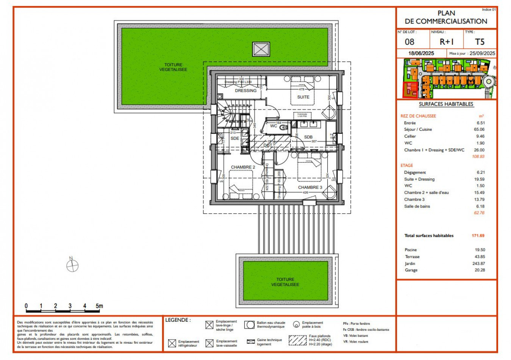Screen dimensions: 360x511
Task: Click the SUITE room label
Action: coord(303,97)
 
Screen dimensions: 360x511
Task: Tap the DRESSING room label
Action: coord(245,91)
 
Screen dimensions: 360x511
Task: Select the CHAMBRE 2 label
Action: coord(243,167)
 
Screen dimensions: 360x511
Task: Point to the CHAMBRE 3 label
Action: coord(310,187)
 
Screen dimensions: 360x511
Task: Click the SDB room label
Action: coord(308,137)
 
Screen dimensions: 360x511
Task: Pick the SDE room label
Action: coord(235,138)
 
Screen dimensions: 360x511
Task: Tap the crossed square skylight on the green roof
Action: coord(261,49)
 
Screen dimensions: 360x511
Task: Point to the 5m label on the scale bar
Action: coord(99,306)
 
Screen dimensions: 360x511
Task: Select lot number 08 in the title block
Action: coord(409,42)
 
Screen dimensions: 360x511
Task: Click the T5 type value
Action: coord(480,42)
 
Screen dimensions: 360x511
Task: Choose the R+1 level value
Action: coord(446,42)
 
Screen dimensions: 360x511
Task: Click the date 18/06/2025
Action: coord(421,53)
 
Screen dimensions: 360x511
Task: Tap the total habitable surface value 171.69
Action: coord(478,236)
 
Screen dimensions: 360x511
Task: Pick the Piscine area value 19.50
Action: coord(480,250)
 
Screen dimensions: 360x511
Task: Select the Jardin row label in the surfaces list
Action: coord(410,263)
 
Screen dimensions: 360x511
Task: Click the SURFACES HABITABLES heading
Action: coord(446,104)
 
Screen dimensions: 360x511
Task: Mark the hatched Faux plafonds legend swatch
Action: coord(297,340)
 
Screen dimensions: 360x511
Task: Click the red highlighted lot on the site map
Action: coord(409,90)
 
